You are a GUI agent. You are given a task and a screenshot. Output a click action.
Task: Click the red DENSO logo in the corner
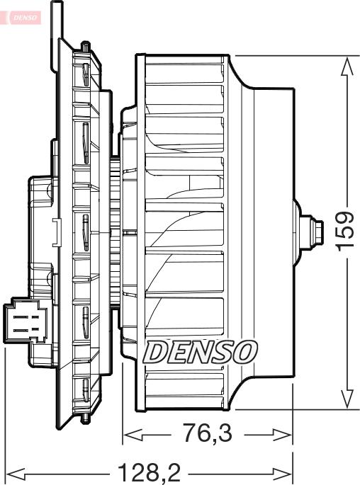pos(21,15)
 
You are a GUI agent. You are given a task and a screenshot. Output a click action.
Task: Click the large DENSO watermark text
pos(201,350)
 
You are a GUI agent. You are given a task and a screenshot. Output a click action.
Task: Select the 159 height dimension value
pos(345,230)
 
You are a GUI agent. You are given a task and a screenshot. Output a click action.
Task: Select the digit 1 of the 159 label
pos(345,248)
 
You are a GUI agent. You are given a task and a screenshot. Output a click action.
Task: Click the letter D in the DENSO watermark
pos(156,350)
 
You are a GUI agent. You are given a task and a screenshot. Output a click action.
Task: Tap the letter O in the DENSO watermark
pos(245,350)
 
